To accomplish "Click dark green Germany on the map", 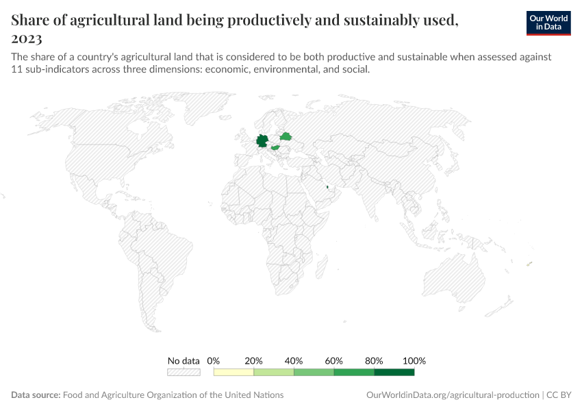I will coord(262,142).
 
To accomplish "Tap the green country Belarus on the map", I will coord(286,136).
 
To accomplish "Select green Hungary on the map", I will coord(275,147).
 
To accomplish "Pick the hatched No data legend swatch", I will coord(184,372).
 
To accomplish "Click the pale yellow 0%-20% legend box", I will coord(233,372).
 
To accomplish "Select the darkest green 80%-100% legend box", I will coord(394,372).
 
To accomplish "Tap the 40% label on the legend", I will coord(294,360).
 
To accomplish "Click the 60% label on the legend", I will coord(334,360).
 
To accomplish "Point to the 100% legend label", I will coord(414,360).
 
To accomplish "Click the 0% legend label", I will coord(214,360).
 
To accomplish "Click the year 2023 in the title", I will coord(27,38).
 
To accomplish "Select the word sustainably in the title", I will coord(398,20).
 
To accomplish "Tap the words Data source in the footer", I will coord(36,395).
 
